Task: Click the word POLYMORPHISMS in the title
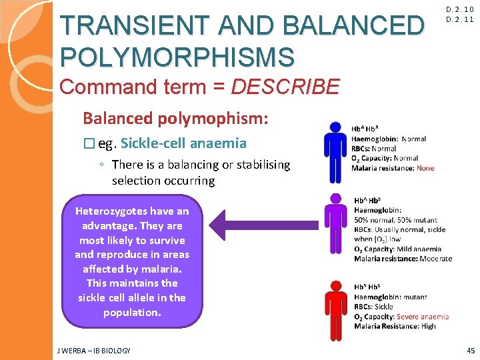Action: tap(177, 57)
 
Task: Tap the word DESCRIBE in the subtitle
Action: tap(285, 86)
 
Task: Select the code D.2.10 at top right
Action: tap(460, 9)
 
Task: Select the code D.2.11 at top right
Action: tap(460, 19)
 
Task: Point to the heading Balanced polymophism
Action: tap(175, 119)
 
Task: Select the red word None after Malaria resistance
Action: tap(425, 168)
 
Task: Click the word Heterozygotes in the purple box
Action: tap(107, 211)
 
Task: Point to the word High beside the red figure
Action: tap(428, 326)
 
